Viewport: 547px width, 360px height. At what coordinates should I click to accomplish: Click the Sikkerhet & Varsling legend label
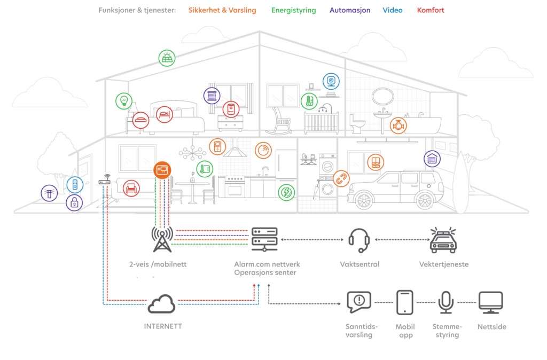pyautogui.click(x=222, y=10)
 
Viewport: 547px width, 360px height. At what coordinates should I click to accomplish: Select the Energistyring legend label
pyautogui.click(x=293, y=10)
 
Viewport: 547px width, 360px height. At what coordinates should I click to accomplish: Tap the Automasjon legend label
pyautogui.click(x=350, y=10)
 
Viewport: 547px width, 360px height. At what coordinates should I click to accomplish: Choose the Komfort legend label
pyautogui.click(x=431, y=10)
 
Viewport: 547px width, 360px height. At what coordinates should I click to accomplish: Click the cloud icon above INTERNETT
pyautogui.click(x=161, y=304)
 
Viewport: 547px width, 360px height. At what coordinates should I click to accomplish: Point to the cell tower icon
pyautogui.click(x=162, y=239)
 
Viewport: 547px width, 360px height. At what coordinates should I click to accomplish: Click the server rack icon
pyautogui.click(x=264, y=239)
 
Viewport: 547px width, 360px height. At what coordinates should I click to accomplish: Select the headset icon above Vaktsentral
pyautogui.click(x=360, y=240)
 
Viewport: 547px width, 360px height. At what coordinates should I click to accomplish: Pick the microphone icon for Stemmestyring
pyautogui.click(x=446, y=303)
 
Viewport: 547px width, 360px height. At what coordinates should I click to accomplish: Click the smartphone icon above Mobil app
pyautogui.click(x=405, y=302)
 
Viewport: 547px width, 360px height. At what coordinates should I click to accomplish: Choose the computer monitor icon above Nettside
pyautogui.click(x=490, y=302)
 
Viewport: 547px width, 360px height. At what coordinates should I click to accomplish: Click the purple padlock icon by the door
pyautogui.click(x=74, y=203)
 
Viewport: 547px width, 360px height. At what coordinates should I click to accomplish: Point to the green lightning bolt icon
pyautogui.click(x=286, y=192)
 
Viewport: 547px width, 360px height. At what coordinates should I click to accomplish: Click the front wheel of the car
pyautogui.click(x=364, y=200)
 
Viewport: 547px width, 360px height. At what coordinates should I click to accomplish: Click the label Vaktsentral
pyautogui.click(x=360, y=264)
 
